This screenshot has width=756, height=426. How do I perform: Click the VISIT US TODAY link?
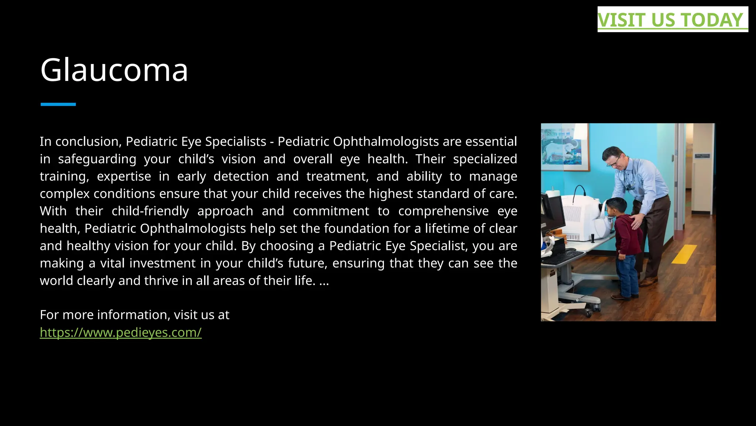670,20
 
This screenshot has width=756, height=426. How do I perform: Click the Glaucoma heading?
114,70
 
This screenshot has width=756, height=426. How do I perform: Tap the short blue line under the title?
58,104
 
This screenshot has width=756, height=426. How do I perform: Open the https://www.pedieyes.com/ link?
121,332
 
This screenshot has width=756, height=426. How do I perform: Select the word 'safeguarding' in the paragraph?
97,159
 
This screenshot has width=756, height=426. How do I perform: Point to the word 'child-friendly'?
150,211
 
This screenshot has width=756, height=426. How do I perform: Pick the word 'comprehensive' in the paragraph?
443,211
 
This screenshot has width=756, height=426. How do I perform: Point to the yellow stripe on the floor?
684,254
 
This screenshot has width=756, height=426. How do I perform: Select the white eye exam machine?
583,218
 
